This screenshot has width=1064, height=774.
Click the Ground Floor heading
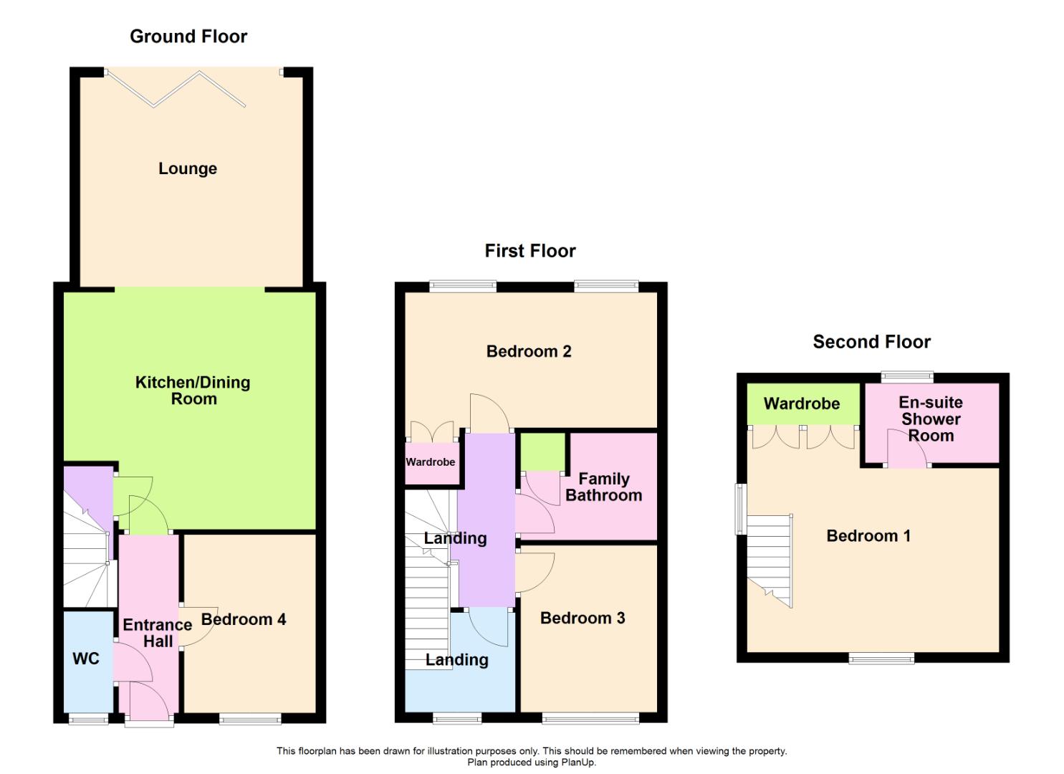(188, 37)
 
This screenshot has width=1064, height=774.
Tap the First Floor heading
(530, 251)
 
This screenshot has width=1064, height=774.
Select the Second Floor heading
(872, 342)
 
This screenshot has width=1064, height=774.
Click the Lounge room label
(188, 168)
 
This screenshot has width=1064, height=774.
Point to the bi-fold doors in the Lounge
(176, 89)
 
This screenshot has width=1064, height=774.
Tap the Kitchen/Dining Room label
(193, 391)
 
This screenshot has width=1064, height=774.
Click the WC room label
(86, 659)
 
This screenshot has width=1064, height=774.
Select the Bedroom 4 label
(244, 619)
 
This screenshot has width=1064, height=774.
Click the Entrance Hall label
(158, 633)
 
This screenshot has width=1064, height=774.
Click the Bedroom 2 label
(529, 352)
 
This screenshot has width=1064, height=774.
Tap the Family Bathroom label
(604, 487)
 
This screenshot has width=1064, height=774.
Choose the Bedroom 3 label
(583, 618)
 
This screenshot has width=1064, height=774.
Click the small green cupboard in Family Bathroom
(543, 451)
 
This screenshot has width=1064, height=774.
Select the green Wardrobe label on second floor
(802, 404)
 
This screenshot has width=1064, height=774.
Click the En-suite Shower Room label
(931, 419)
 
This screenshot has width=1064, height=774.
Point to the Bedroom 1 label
(868, 536)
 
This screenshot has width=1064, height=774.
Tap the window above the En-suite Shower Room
(907, 378)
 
